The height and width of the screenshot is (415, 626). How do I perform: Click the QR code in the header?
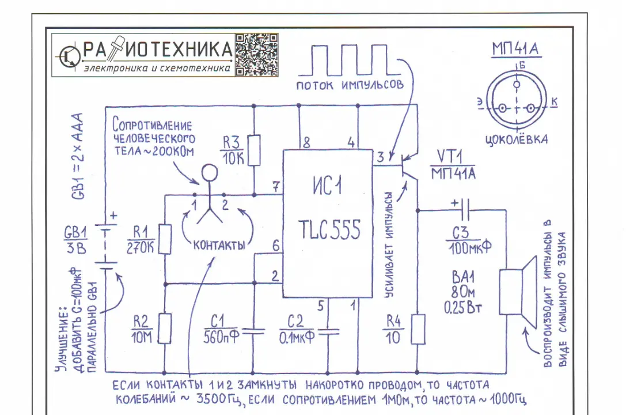(256, 55)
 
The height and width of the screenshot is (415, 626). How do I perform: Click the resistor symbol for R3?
(255, 150)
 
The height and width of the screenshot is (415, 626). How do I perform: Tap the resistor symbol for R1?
(165, 239)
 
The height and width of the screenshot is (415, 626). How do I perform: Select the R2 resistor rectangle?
(165, 329)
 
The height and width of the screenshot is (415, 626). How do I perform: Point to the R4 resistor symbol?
(418, 329)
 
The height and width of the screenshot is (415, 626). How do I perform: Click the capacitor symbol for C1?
(253, 331)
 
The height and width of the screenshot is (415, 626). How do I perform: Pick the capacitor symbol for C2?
(328, 331)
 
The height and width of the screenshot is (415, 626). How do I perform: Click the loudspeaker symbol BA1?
(518, 292)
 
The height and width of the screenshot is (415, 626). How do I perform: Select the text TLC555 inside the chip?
(329, 229)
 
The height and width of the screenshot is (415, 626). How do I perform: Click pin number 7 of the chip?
(276, 187)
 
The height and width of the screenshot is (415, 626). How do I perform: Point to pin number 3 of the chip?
(380, 157)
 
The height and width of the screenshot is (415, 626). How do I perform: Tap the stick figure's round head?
(209, 173)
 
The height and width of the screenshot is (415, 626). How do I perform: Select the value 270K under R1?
(140, 248)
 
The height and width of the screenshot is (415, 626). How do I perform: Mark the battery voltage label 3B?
(76, 248)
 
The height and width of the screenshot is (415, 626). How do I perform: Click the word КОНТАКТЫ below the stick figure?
(219, 245)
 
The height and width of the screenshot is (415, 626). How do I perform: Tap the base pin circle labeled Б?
(517, 84)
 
